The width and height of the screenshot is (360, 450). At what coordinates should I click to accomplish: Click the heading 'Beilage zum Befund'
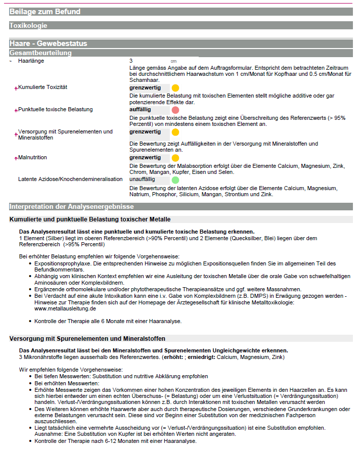click(x=44, y=12)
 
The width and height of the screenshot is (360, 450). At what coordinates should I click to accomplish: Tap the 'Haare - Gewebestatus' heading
click(x=48, y=44)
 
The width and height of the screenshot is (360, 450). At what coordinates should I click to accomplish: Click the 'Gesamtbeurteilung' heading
click(x=40, y=53)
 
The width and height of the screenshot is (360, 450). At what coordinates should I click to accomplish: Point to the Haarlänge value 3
click(x=131, y=61)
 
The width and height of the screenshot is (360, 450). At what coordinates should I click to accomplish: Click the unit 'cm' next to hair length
click(x=173, y=61)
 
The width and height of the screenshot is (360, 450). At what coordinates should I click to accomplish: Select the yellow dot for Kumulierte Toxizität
click(x=175, y=88)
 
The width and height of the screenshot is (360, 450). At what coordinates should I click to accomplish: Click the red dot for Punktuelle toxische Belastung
click(x=175, y=110)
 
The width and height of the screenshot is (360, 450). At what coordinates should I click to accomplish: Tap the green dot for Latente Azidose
click(x=175, y=179)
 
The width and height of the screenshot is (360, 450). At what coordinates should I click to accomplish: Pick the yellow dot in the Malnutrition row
click(x=175, y=158)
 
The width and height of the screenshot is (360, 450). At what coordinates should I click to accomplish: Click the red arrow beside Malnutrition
click(x=16, y=158)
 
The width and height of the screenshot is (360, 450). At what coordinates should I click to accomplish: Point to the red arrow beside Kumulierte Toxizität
click(x=16, y=88)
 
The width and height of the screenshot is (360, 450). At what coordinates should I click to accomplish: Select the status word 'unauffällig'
click(x=142, y=179)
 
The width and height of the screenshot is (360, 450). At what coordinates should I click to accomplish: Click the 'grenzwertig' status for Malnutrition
click(x=145, y=158)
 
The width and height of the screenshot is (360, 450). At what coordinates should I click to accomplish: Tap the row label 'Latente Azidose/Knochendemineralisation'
click(x=70, y=179)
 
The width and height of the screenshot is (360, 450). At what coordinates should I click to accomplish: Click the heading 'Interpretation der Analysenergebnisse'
click(x=71, y=206)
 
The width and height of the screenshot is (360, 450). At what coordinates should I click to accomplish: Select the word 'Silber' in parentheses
click(x=56, y=238)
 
